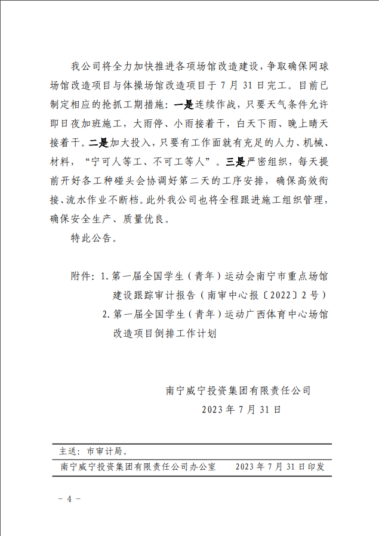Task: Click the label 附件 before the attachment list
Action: point(81,277)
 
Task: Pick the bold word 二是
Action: point(97,143)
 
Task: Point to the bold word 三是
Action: point(231,162)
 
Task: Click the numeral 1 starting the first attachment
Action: point(103,277)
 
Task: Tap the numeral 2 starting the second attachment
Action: point(104,314)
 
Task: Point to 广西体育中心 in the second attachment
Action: point(272,314)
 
